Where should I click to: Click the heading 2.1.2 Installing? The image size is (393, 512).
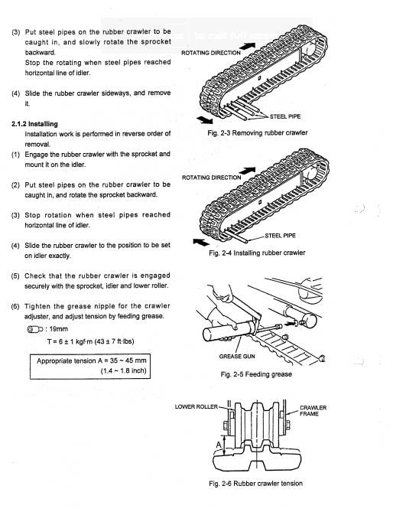coord(34,124)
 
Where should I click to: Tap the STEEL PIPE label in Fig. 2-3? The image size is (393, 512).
coord(285,116)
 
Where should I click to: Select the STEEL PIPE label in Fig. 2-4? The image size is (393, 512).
coord(280,236)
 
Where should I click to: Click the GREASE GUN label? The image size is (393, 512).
coord(237,356)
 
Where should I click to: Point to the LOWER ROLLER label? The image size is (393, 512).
coord(196,406)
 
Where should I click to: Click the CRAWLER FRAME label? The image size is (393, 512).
coord(313,411)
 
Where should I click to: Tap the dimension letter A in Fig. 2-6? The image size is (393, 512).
coord(219,445)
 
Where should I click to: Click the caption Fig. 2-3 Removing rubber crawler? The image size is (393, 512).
coord(258,133)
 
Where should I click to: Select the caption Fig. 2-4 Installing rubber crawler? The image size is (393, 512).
coord(257,253)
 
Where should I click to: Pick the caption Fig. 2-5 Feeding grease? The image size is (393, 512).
coord(256,374)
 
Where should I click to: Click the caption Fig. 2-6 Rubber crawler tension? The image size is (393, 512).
coord(255,483)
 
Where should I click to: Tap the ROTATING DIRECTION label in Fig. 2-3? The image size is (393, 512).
coord(211,53)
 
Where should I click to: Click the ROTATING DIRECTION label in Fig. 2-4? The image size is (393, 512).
coord(211,178)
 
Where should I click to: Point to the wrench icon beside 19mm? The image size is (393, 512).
coord(35,329)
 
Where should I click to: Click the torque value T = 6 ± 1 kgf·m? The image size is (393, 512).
coord(90,341)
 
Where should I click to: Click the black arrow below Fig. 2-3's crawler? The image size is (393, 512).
coord(205,119)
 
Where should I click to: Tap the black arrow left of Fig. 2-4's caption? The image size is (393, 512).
coord(201,243)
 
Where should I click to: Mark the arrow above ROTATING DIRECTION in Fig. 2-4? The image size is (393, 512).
coord(247,171)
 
